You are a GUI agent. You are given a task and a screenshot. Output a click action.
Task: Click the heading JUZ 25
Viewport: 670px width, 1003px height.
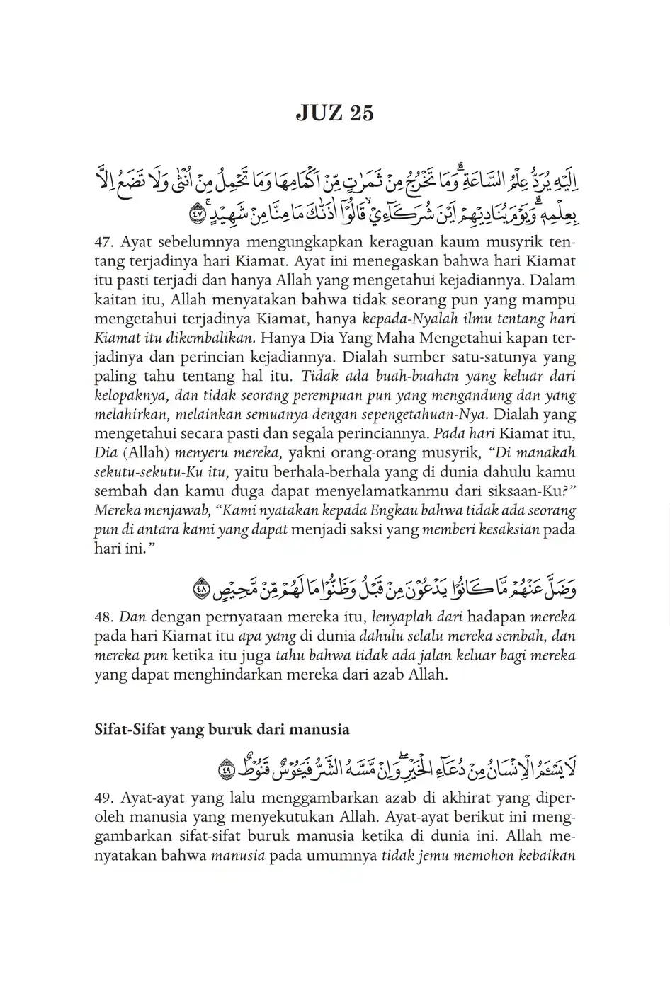click(x=334, y=113)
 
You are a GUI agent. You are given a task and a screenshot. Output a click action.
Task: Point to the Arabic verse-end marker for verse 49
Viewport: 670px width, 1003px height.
click(x=225, y=769)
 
